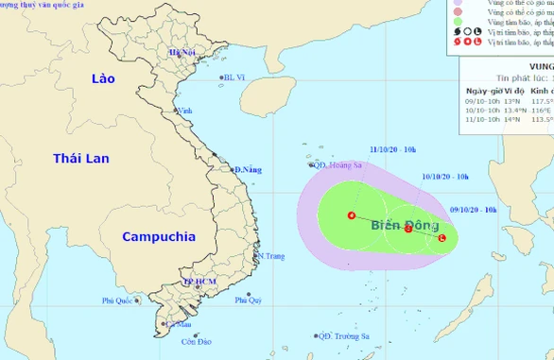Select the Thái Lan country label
[81, 158]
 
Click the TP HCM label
[201, 282]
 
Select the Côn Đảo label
[212, 341]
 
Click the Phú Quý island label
[248, 300]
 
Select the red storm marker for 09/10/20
[442, 238]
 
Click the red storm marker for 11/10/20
[352, 215]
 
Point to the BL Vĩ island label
[233, 78]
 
